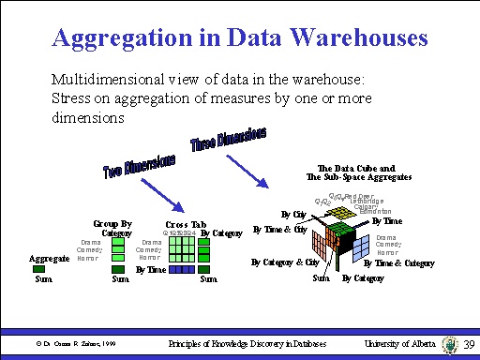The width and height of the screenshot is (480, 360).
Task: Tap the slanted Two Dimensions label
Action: [139, 169]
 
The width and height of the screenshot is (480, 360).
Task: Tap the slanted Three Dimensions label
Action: [228, 140]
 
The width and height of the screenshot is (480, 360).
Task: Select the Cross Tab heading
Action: [186, 225]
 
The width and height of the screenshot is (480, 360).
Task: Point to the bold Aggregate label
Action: [50, 258]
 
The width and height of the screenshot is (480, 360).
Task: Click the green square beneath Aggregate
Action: [42, 269]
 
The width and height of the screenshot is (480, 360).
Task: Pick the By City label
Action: [294, 215]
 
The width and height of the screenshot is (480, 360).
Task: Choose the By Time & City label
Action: [280, 229]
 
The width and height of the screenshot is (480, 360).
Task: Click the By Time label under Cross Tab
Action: [151, 269]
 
